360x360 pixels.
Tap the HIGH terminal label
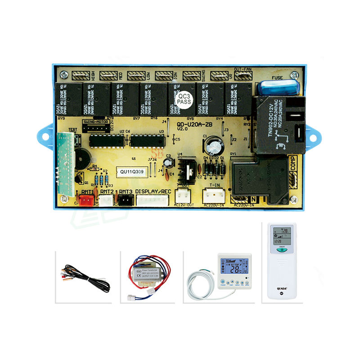pos(92,74)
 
